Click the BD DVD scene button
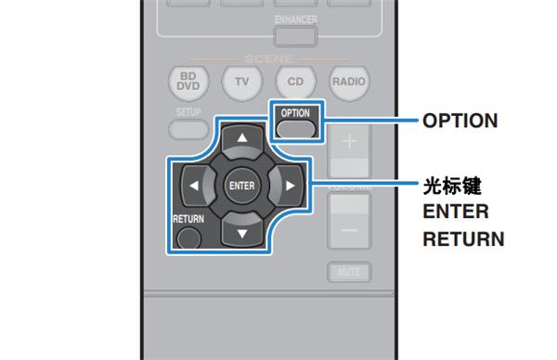(190, 82)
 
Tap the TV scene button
(242, 82)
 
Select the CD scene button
(295, 82)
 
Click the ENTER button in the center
(240, 185)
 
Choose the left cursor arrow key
(195, 185)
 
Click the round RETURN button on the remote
(189, 236)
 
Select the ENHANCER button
(296, 36)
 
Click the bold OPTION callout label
(460, 121)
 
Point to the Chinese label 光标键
(449, 185)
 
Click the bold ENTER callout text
(455, 212)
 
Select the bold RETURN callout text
(462, 239)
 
